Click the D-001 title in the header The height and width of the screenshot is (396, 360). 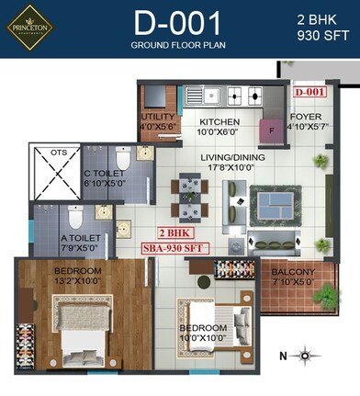[178, 23]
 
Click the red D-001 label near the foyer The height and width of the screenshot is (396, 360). [310, 93]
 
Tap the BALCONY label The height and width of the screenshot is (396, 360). [293, 277]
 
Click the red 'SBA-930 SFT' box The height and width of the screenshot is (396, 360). [174, 249]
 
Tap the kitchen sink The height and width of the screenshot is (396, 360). [208, 94]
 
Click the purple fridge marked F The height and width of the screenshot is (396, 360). [273, 130]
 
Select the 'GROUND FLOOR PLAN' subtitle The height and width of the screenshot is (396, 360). [178, 45]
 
